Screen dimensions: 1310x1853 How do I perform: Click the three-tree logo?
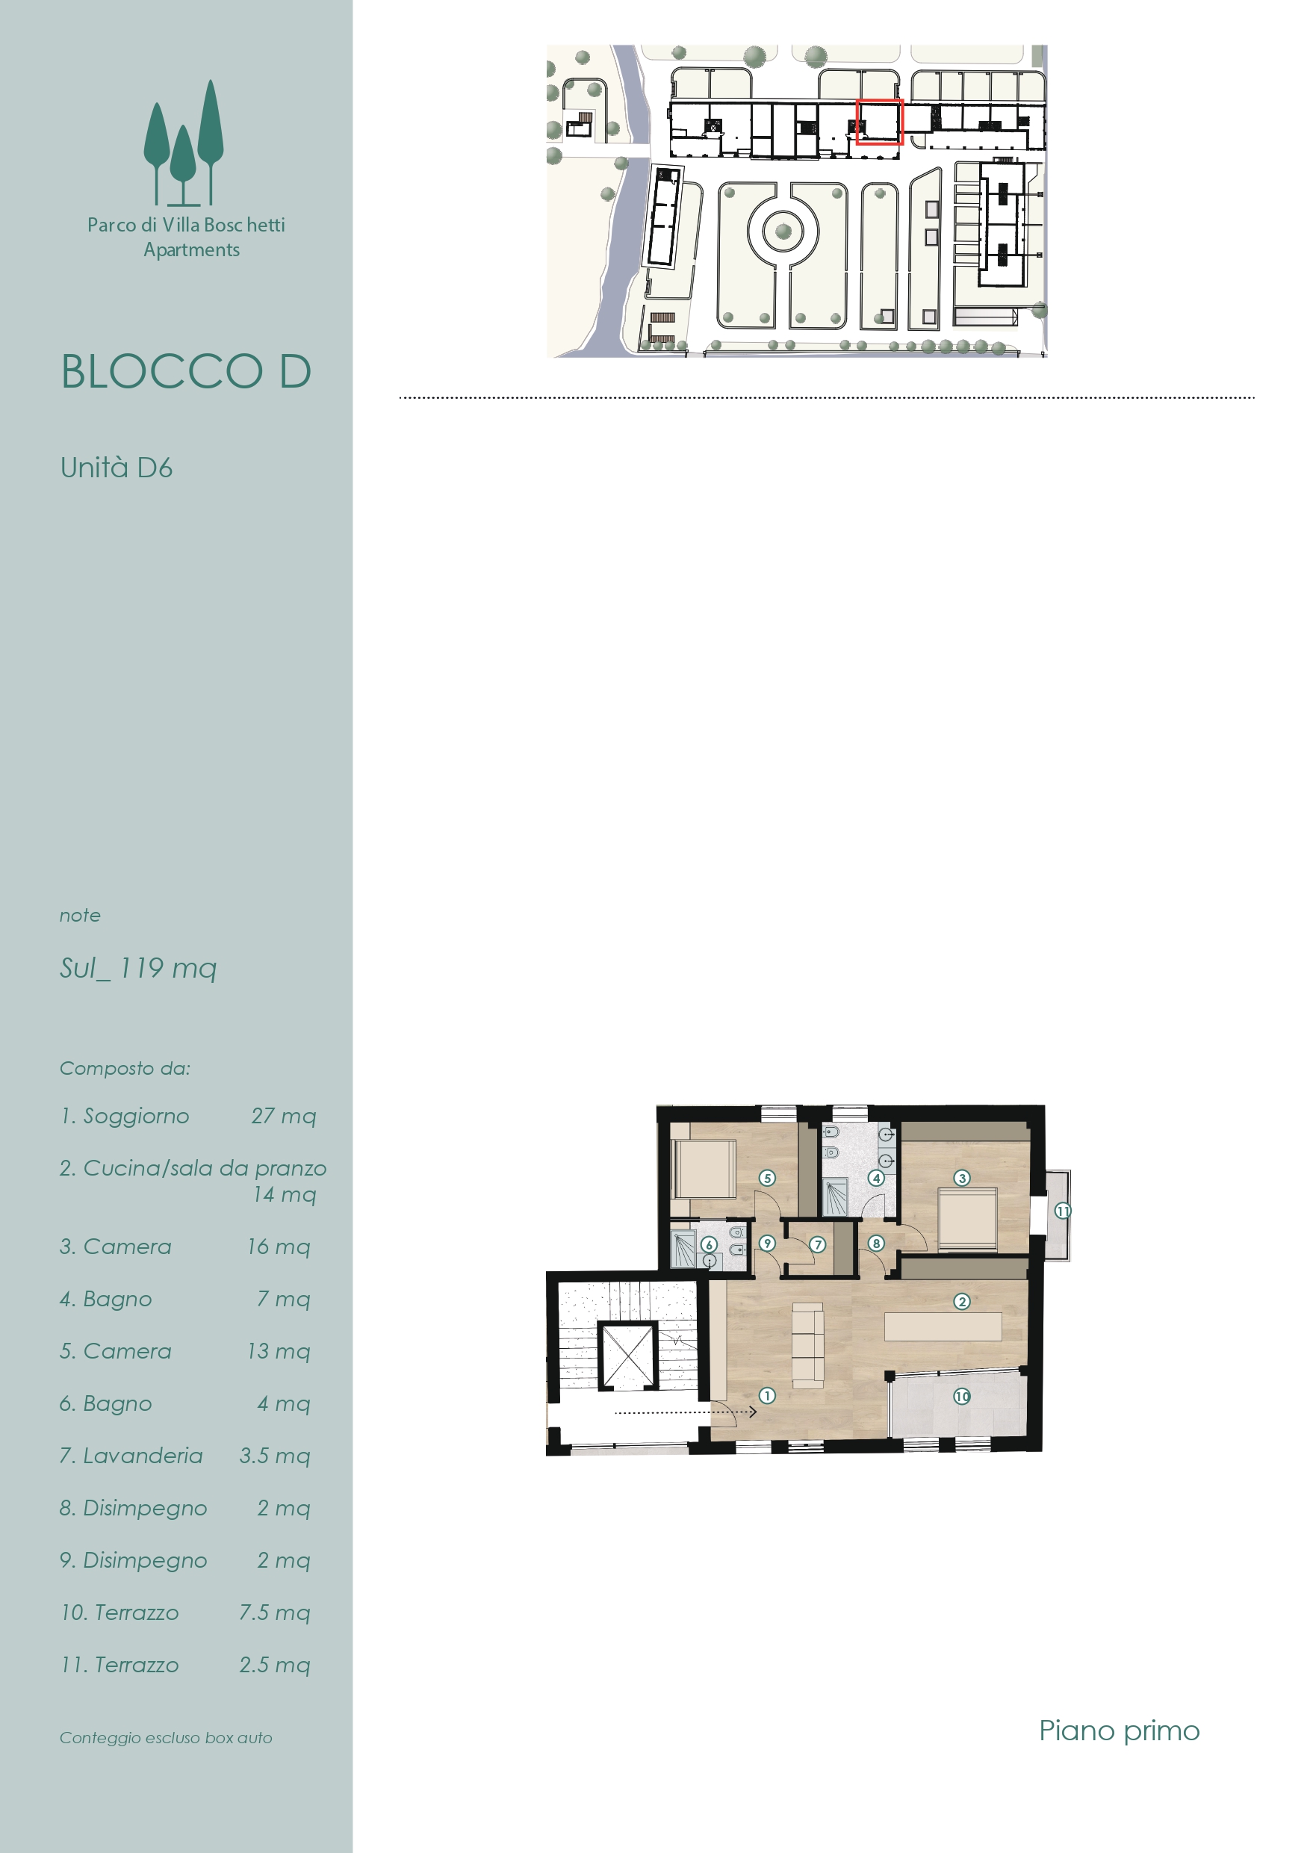click(184, 143)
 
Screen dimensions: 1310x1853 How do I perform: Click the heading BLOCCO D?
click(187, 371)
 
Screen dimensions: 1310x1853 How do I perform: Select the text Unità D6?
click(117, 468)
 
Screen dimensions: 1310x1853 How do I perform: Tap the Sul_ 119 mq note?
click(138, 968)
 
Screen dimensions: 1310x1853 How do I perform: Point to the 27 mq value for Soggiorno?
click(283, 1116)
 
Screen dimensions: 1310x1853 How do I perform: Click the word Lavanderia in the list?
click(143, 1455)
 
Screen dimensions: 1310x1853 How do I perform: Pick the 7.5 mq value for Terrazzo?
click(274, 1613)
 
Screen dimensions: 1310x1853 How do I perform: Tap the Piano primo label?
click(1119, 1731)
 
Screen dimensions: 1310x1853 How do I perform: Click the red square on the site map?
click(879, 122)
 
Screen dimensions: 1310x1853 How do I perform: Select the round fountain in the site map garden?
click(783, 232)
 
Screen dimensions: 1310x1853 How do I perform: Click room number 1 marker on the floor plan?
click(767, 1395)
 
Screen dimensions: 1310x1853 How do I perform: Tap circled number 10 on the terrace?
click(961, 1396)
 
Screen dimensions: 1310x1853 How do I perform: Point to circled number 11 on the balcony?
click(1063, 1211)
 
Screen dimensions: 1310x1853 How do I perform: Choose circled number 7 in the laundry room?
click(818, 1244)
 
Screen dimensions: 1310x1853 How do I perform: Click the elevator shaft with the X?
click(627, 1356)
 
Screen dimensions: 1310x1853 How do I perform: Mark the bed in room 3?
click(968, 1220)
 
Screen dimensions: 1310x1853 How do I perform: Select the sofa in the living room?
click(807, 1345)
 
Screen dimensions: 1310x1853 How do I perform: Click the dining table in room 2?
click(943, 1326)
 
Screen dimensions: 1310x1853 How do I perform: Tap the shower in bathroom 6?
click(683, 1250)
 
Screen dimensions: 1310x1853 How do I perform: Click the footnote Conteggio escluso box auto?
click(166, 1737)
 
